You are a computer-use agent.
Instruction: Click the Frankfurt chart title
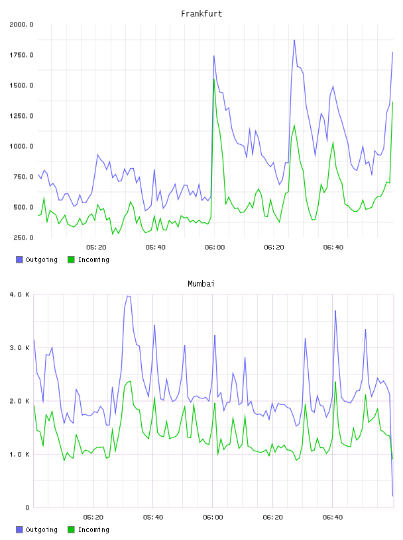[201, 14]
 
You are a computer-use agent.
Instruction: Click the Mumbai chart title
[201, 284]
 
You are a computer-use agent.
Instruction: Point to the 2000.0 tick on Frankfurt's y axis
[21, 24]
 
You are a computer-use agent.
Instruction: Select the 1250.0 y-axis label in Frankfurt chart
[21, 116]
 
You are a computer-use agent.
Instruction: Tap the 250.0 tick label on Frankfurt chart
[23, 238]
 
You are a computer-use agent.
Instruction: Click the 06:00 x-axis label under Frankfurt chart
[215, 247]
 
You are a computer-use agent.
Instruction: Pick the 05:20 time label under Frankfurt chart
[96, 247]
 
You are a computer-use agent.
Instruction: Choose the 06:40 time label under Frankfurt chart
[333, 247]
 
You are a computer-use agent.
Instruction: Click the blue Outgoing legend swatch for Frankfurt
[19, 259]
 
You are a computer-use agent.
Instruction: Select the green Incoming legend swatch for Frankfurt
[71, 259]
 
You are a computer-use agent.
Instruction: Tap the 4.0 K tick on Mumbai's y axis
[19, 294]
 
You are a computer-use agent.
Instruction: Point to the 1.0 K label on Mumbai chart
[19, 454]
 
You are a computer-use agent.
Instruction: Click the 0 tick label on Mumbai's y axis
[28, 508]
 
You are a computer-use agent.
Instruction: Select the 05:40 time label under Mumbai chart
[153, 517]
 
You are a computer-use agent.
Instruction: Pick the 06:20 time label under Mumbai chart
[272, 517]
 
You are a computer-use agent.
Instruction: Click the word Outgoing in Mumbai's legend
[41, 529]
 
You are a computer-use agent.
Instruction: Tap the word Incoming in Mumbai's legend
[93, 529]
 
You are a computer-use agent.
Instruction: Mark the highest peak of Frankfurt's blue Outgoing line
[294, 40]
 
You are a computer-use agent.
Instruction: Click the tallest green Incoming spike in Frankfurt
[214, 79]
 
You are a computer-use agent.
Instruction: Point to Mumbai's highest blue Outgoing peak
[129, 296]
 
